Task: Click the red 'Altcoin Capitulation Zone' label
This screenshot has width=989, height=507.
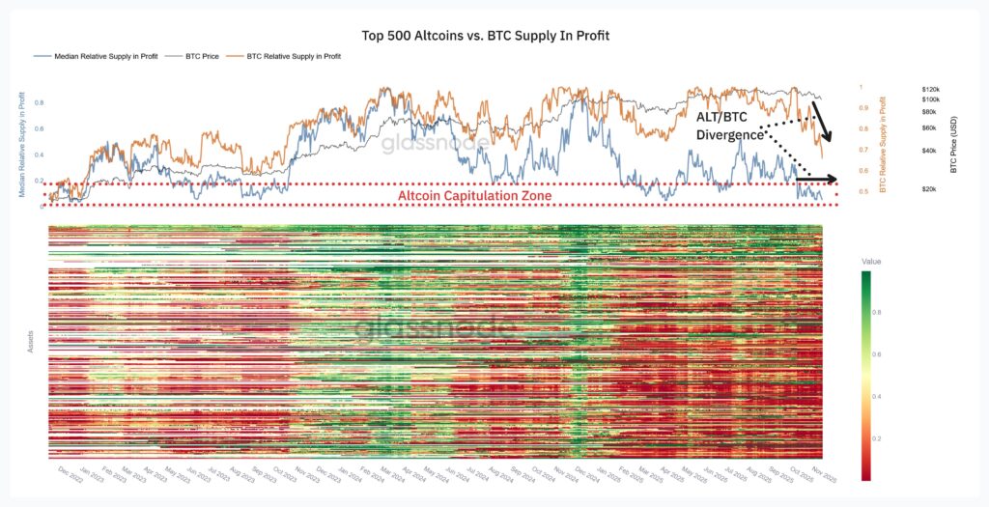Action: (x=474, y=195)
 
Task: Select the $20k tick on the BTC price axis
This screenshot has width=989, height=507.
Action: (x=929, y=189)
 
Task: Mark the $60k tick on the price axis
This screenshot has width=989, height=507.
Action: (x=929, y=127)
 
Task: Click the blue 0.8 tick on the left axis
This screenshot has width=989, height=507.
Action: (x=39, y=102)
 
